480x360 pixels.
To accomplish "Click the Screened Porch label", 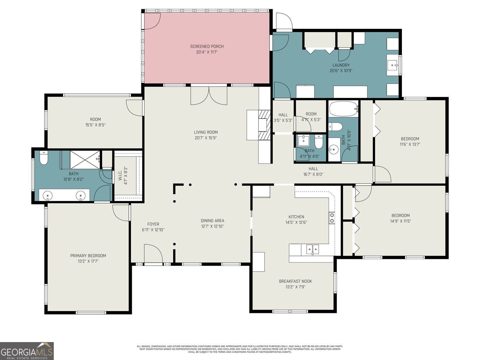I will point(207,46).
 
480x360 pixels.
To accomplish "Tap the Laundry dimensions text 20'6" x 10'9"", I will point(341,71).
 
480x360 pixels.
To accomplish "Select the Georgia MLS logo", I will point(27,351).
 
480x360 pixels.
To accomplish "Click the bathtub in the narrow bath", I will point(343,109).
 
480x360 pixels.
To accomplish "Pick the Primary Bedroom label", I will point(88,256).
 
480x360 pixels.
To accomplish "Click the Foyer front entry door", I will point(153,254).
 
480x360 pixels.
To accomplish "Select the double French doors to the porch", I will point(209,95).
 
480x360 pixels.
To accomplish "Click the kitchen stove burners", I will point(332,218).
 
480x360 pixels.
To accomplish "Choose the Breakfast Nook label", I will point(295,281).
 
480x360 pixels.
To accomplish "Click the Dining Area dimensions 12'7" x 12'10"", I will point(212,226).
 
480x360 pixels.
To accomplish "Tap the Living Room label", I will point(205,132).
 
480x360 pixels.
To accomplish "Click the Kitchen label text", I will point(296,217).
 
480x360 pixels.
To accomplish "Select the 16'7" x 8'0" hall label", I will point(313,174).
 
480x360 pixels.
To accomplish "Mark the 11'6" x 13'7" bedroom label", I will point(410,144).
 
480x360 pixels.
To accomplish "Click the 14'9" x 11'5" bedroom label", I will point(400,221).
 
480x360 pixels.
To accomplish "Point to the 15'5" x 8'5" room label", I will point(95,125).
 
